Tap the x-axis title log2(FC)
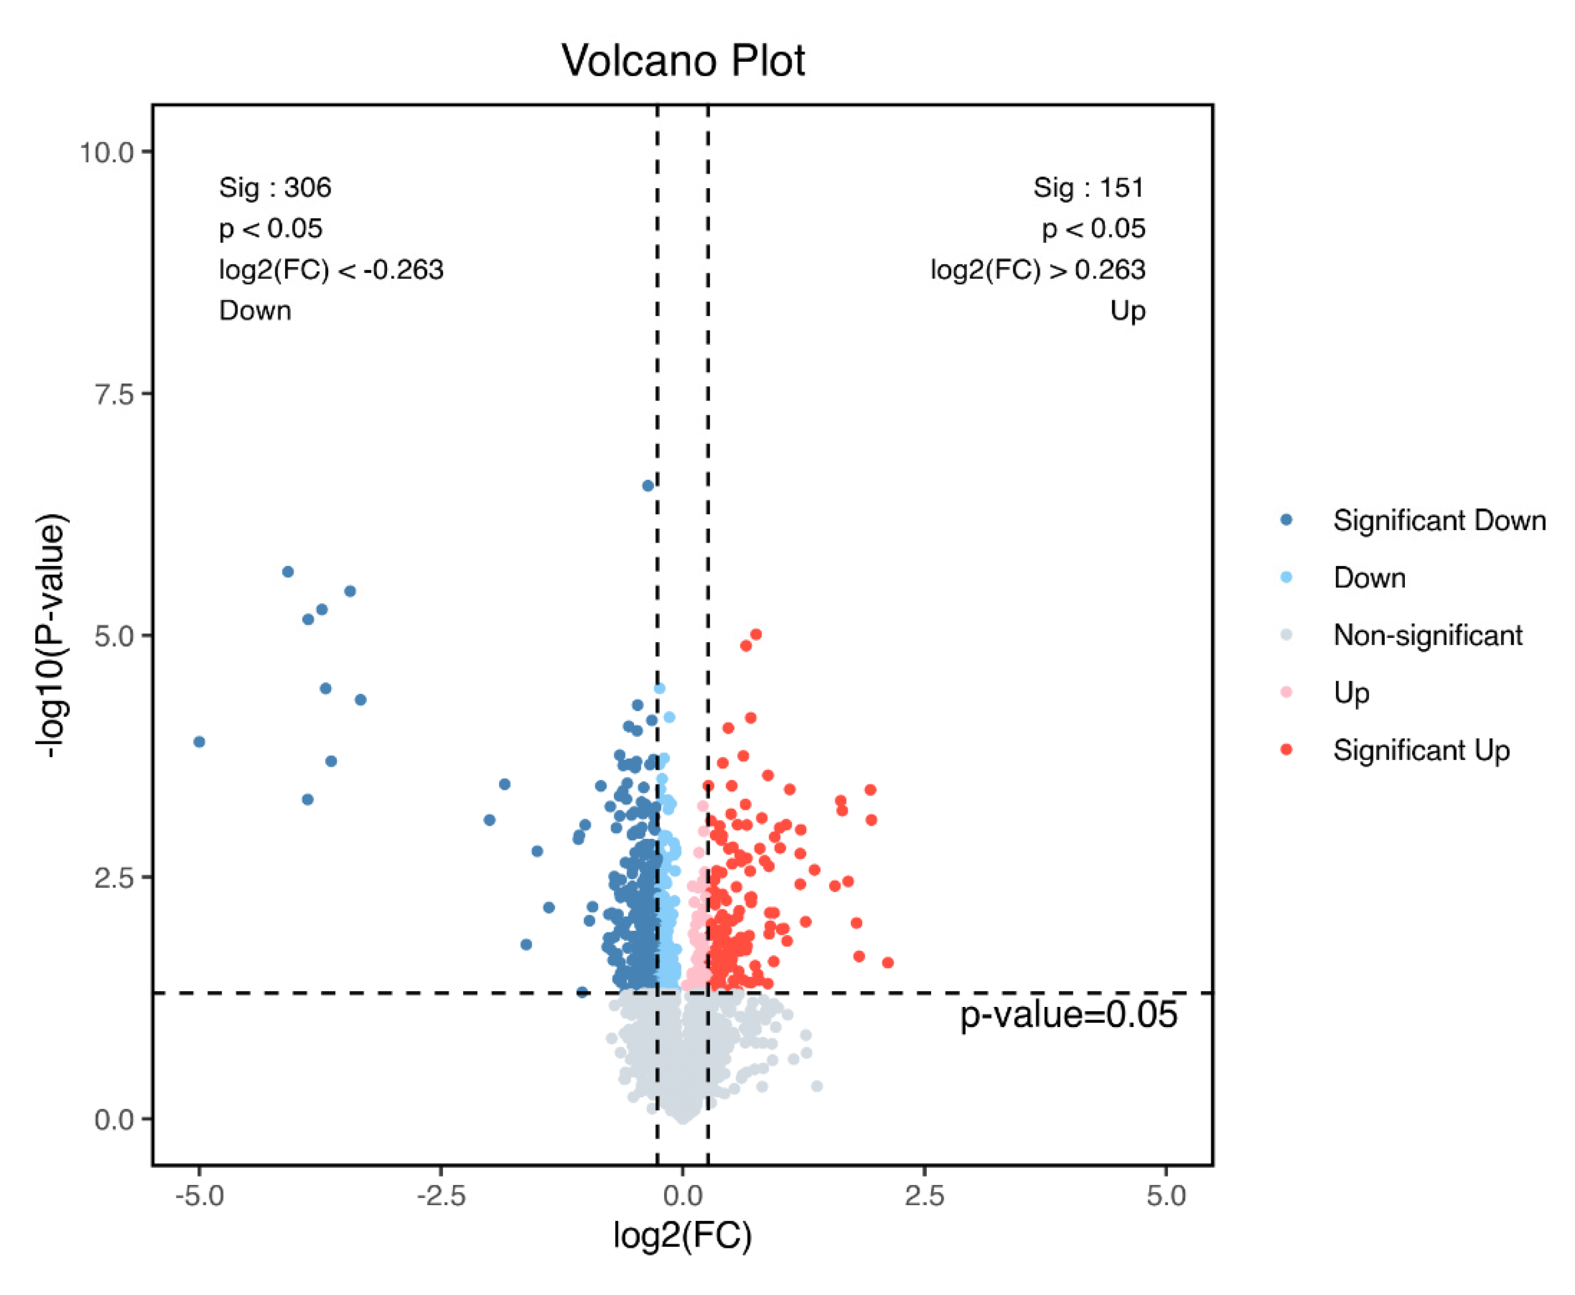(682, 1235)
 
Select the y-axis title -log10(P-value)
(53, 635)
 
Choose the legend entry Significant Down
(1439, 521)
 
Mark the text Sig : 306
(274, 187)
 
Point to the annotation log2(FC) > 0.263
(1037, 269)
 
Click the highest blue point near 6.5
(648, 486)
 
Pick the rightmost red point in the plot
(887, 963)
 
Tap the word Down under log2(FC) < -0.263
(254, 310)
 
